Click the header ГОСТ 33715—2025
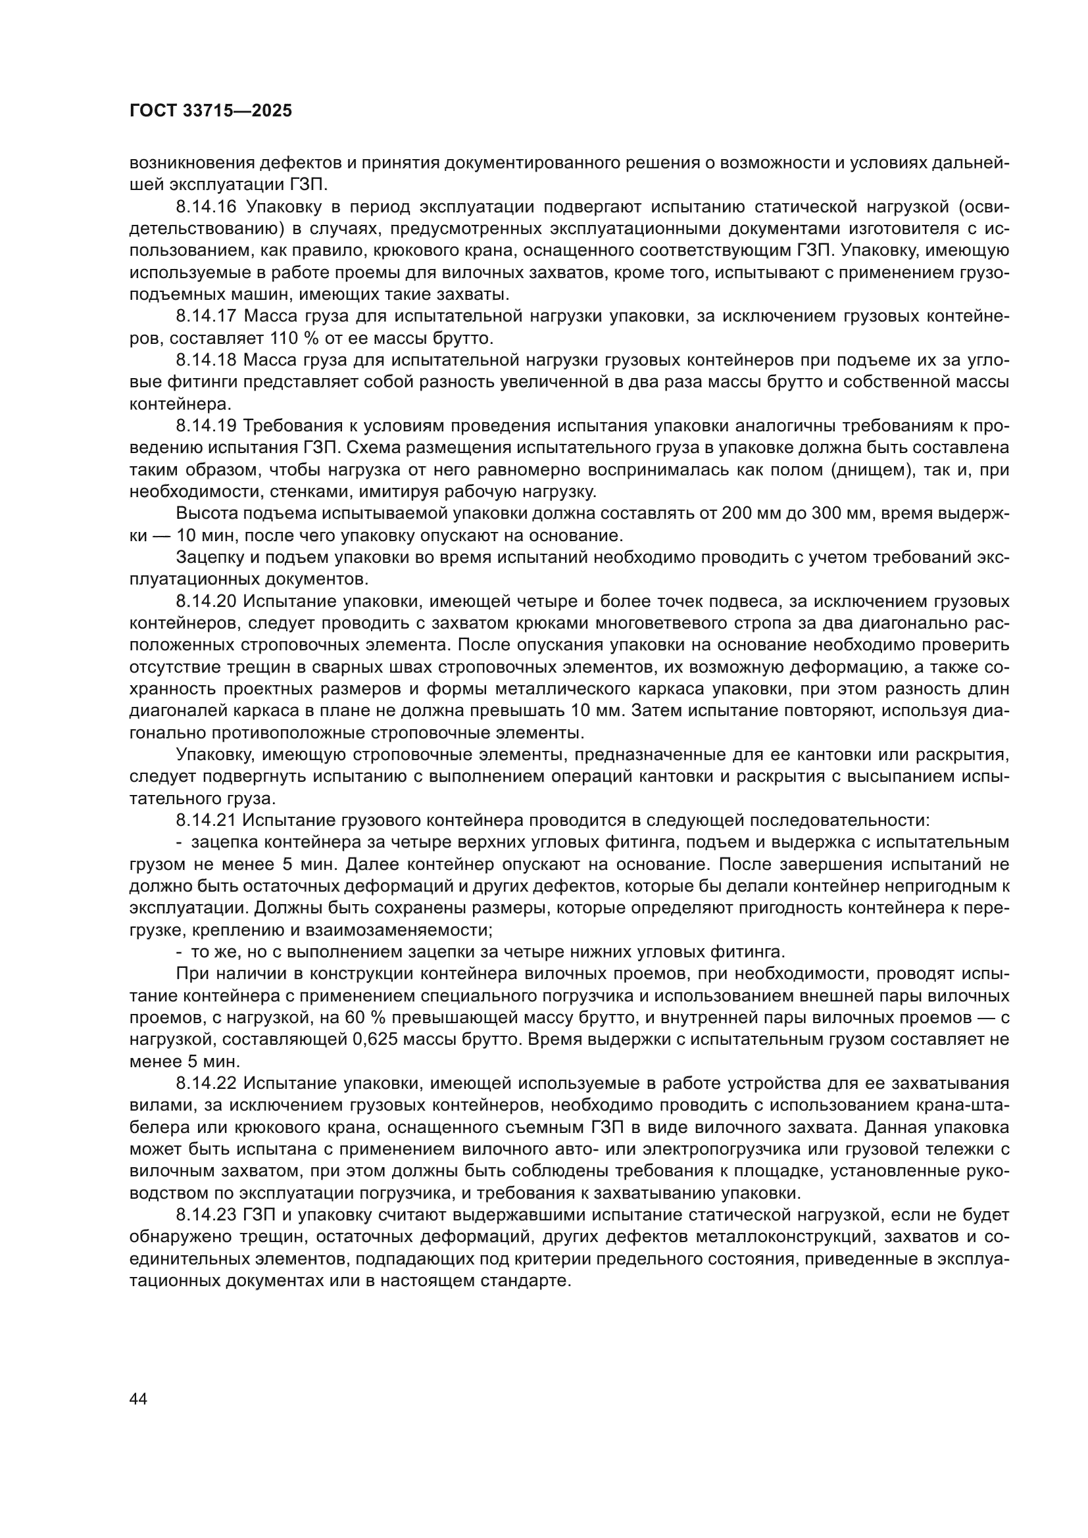(x=210, y=111)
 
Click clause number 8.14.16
(x=207, y=207)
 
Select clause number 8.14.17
(x=207, y=316)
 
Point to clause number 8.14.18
(x=207, y=360)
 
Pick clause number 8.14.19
(x=207, y=426)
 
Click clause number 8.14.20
(x=207, y=602)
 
